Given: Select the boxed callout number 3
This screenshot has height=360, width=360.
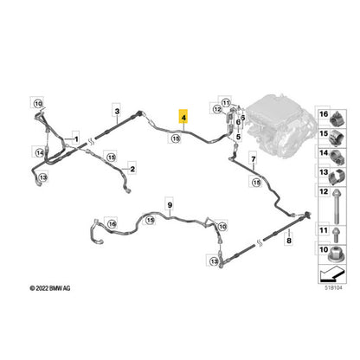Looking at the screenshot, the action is coord(117,111).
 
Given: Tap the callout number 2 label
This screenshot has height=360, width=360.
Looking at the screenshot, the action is coord(132,169).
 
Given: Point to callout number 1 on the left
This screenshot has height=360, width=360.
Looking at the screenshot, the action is coord(76,139).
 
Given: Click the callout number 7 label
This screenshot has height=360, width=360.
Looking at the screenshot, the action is coord(254,159).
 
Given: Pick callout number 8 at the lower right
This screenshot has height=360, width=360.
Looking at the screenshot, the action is coord(289,241).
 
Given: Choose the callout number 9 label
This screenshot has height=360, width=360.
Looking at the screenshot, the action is coord(170,205).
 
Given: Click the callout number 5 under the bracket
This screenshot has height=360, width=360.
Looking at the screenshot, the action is coord(238,137).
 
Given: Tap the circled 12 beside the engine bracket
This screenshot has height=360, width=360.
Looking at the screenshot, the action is coord(217,109).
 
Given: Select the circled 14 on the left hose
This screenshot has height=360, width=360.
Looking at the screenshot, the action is coord(40,153).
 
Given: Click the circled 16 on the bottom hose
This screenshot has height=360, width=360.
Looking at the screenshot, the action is coord(112,223).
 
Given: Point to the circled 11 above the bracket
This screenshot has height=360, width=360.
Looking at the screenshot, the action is coord(226,103).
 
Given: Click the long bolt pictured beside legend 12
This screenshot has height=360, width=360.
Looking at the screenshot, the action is coord(337,206).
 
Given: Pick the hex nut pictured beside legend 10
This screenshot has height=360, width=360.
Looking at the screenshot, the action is coord(337,254).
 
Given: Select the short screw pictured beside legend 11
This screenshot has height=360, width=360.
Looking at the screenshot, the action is coord(336,234).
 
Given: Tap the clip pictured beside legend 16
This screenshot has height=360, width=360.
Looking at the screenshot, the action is coord(337,119).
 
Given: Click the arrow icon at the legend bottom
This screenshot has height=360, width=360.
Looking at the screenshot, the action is coord(332,273).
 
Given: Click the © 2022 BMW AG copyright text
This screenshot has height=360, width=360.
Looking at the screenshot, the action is coord(50,288).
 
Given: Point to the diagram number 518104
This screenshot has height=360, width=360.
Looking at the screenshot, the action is coord(332,288).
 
